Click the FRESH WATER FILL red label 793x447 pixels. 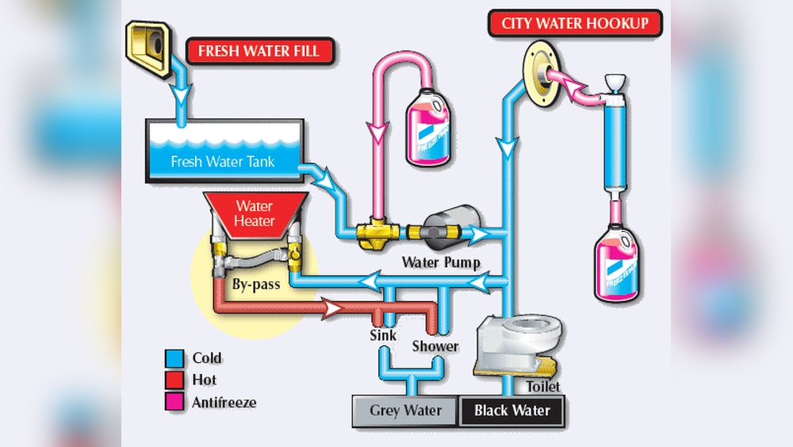tap(259, 52)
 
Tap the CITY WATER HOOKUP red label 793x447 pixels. tap(580, 23)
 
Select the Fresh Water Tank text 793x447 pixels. tap(223, 161)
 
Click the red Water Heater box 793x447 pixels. tap(254, 214)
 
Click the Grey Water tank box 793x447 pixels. tap(406, 410)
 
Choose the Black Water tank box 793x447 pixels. tap(511, 410)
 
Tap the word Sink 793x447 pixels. tap(383, 335)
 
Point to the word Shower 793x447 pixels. tap(435, 346)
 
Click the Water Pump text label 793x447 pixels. tap(441, 261)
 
